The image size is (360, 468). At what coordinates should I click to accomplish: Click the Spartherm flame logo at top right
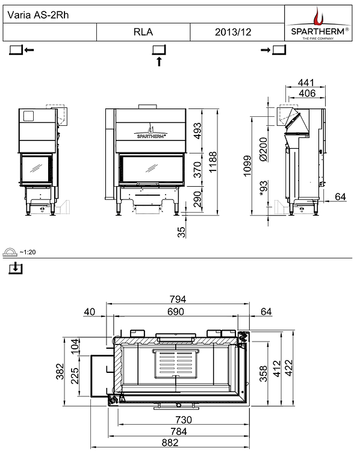tap(318, 16)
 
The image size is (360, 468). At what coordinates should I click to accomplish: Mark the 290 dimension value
tap(197, 198)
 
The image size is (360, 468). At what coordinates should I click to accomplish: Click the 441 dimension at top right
tap(306, 83)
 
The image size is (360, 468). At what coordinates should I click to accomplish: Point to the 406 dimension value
tap(306, 93)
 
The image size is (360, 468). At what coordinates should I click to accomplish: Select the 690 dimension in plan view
tap(176, 311)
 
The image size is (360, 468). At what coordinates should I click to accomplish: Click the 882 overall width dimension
tap(170, 443)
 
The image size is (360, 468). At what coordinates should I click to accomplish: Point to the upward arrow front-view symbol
tap(159, 61)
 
